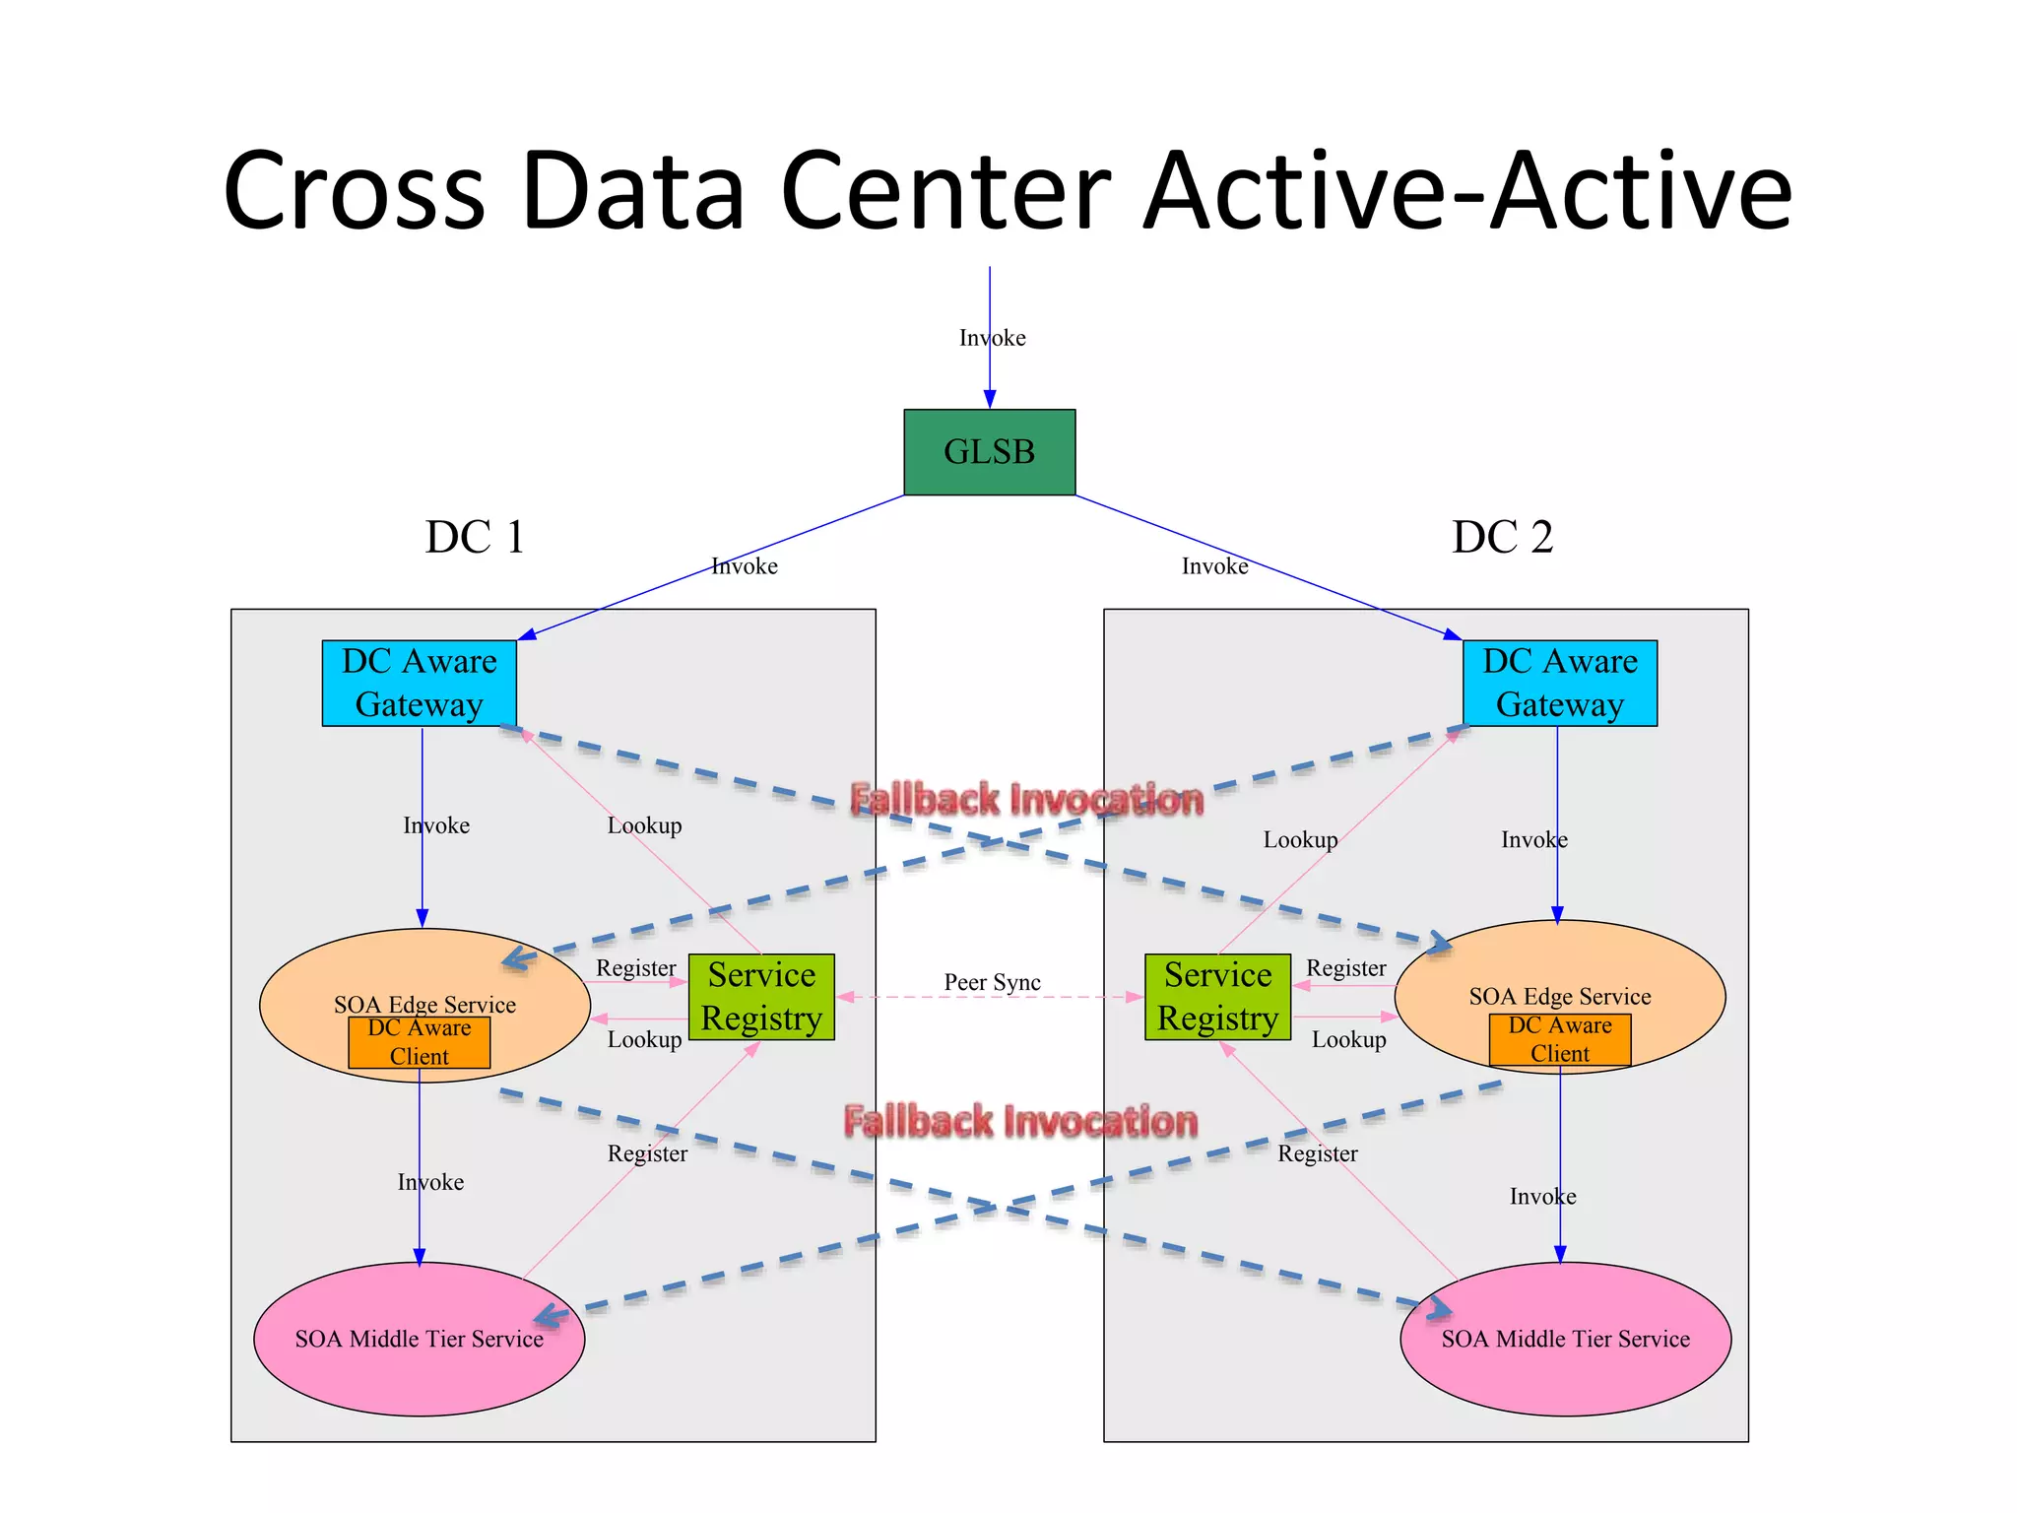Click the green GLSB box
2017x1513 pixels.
point(989,452)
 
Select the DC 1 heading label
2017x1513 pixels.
point(475,538)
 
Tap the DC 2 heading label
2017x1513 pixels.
point(1502,538)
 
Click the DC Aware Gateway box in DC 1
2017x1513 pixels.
point(419,683)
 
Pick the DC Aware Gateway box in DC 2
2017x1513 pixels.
point(1559,683)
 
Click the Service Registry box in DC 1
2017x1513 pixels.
point(761,996)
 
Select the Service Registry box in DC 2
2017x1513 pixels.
point(1217,996)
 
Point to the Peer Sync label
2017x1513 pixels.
point(992,982)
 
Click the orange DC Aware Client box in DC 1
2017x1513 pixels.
point(419,1042)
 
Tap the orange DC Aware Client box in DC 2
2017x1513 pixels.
point(1559,1039)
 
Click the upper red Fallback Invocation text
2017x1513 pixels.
point(1026,799)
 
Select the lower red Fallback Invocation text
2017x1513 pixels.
point(1020,1121)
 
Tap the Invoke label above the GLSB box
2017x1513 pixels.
point(993,338)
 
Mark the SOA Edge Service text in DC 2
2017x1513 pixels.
point(1559,996)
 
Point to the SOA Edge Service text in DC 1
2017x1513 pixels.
point(424,1004)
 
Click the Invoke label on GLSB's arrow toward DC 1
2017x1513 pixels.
point(745,566)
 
